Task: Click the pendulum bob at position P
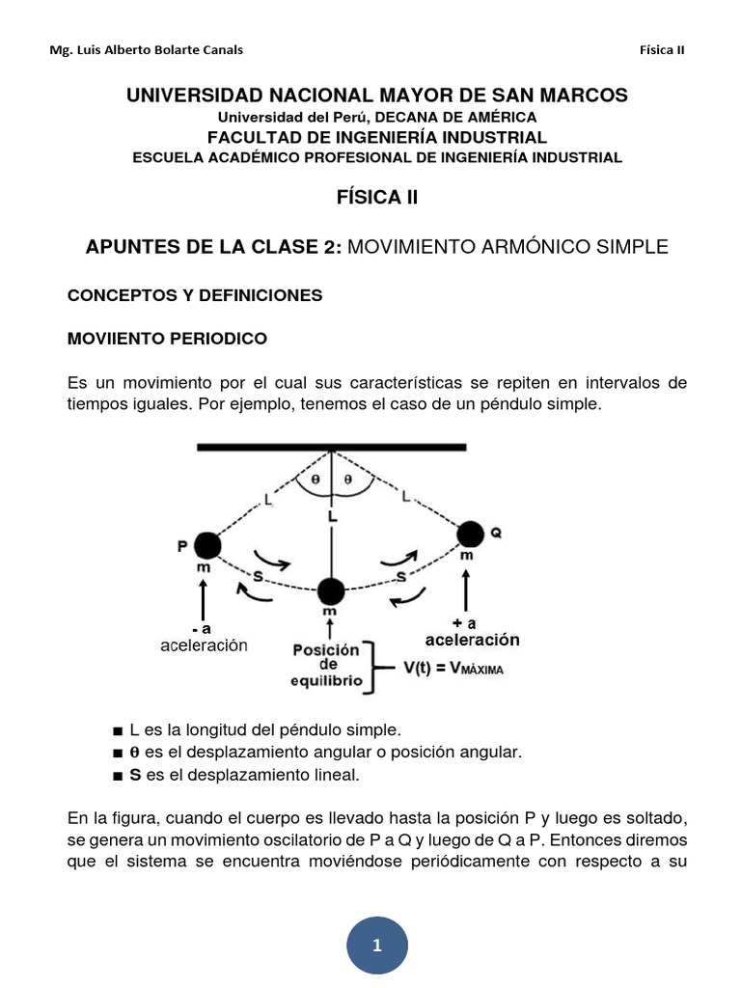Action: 206,546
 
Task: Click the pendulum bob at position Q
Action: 471,533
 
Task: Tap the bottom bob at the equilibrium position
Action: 331,590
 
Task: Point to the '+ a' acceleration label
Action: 465,622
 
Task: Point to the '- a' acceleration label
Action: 201,628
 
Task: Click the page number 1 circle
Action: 376,946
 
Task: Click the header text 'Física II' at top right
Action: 662,50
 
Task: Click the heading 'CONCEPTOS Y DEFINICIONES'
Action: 195,295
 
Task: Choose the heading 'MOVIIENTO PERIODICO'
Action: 167,340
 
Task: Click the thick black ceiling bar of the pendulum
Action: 331,447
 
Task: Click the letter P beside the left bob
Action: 181,547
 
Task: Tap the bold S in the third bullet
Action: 135,774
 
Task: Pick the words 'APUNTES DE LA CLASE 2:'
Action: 213,247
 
